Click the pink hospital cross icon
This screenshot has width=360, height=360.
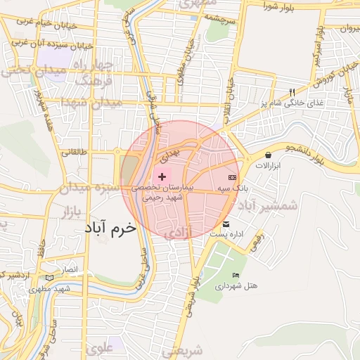[162, 176]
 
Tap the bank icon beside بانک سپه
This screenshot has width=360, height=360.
[233, 177]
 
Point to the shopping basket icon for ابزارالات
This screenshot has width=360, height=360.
[268, 155]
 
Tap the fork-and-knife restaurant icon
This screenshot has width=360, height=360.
[292, 92]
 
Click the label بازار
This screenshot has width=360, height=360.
[73, 211]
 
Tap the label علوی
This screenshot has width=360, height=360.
[98, 347]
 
